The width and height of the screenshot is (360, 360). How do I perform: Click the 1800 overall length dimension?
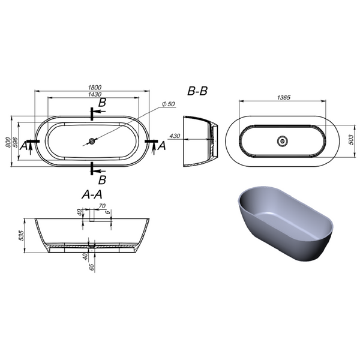click(x=95, y=88)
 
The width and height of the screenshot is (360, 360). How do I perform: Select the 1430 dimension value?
click(x=95, y=94)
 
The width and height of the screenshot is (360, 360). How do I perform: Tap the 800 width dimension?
click(x=8, y=142)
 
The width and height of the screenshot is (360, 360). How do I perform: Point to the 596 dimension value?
click(x=14, y=142)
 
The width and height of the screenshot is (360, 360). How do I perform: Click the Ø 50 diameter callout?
click(x=168, y=104)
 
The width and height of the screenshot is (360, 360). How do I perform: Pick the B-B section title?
click(x=197, y=91)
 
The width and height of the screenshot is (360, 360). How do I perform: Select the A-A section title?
click(x=92, y=195)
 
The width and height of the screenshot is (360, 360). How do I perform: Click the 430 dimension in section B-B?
click(x=175, y=136)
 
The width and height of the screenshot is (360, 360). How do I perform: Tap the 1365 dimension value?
click(x=284, y=97)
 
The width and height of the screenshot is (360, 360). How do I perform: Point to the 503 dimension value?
click(x=351, y=140)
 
